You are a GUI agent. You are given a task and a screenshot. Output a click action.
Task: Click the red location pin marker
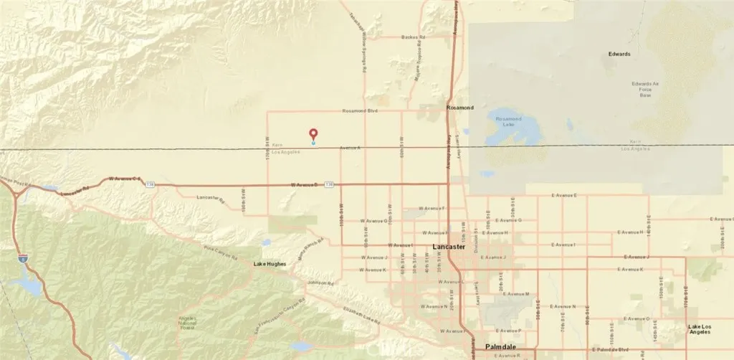coord(313,133)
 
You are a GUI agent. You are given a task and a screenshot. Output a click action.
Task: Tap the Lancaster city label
coord(449,247)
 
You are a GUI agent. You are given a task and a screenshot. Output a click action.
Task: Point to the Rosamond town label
coord(459,108)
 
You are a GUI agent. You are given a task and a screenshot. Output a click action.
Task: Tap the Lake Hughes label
coord(270,264)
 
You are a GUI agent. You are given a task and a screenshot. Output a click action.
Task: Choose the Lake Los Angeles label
coord(699,329)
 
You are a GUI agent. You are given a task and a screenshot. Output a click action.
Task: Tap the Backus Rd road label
coord(414,37)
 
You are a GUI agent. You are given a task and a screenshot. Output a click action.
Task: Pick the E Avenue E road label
coord(563,195)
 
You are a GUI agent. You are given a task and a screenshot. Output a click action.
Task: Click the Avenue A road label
coord(350,148)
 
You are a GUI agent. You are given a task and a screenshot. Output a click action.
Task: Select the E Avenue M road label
coord(517,294)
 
